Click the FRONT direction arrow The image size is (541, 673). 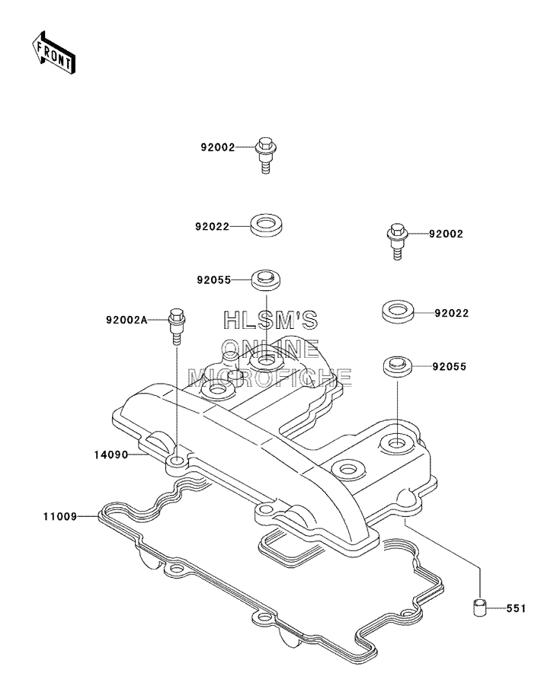(53, 53)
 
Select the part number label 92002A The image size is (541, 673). (126, 321)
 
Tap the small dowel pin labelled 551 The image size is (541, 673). (479, 608)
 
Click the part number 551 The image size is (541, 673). (516, 608)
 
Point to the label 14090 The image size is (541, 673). (111, 455)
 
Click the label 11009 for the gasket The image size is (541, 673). (59, 516)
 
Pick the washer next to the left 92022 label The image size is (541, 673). (266, 225)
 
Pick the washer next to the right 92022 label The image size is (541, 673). (398, 311)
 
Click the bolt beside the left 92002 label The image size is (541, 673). (266, 155)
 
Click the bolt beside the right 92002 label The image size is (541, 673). (398, 241)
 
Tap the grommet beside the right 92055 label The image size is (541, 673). (398, 366)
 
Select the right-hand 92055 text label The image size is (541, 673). (449, 366)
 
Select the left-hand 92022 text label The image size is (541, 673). (213, 226)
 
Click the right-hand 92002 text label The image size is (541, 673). (446, 234)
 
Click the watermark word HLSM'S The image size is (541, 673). (270, 320)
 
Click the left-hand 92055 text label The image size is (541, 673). (214, 280)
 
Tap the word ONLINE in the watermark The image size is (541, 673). (270, 348)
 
